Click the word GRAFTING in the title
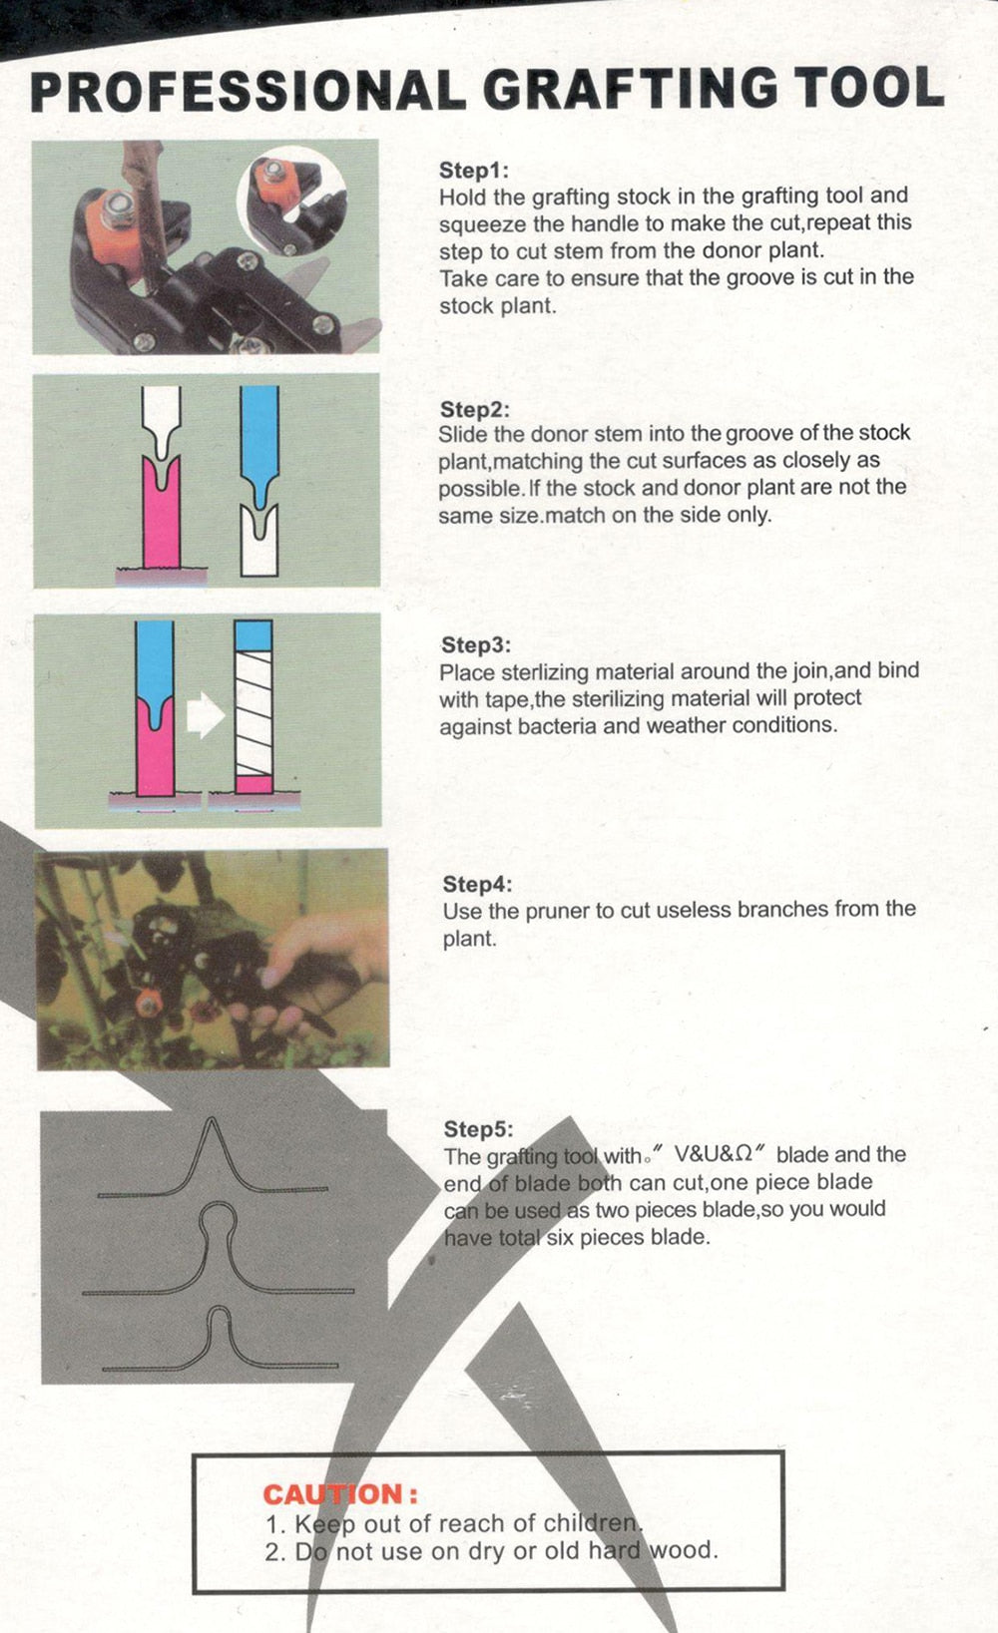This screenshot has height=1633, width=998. tap(631, 90)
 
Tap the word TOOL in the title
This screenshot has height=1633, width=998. tap(868, 88)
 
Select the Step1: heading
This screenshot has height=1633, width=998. tap(473, 171)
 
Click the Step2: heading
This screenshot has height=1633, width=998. tap(474, 409)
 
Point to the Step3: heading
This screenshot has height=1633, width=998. tap(476, 645)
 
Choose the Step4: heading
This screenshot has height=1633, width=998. tap(477, 884)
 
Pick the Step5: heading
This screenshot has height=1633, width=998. tap(479, 1129)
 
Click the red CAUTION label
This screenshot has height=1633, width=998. tap(340, 1494)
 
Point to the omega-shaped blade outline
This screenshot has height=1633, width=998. tap(219, 1251)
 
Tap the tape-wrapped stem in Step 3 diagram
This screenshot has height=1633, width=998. tap(253, 706)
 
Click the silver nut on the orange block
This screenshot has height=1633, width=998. tap(118, 202)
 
